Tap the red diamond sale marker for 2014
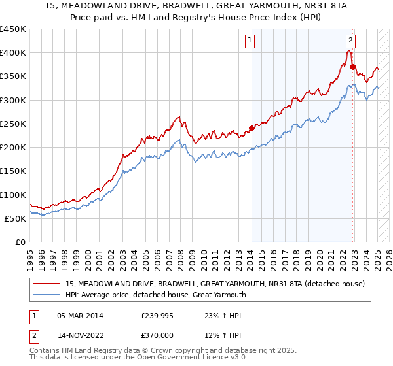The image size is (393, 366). click(x=252, y=128)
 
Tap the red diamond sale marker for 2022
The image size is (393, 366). click(x=352, y=67)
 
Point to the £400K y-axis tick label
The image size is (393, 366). click(x=13, y=53)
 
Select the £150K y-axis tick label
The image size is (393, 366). click(x=13, y=171)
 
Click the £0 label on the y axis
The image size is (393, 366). click(x=20, y=242)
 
